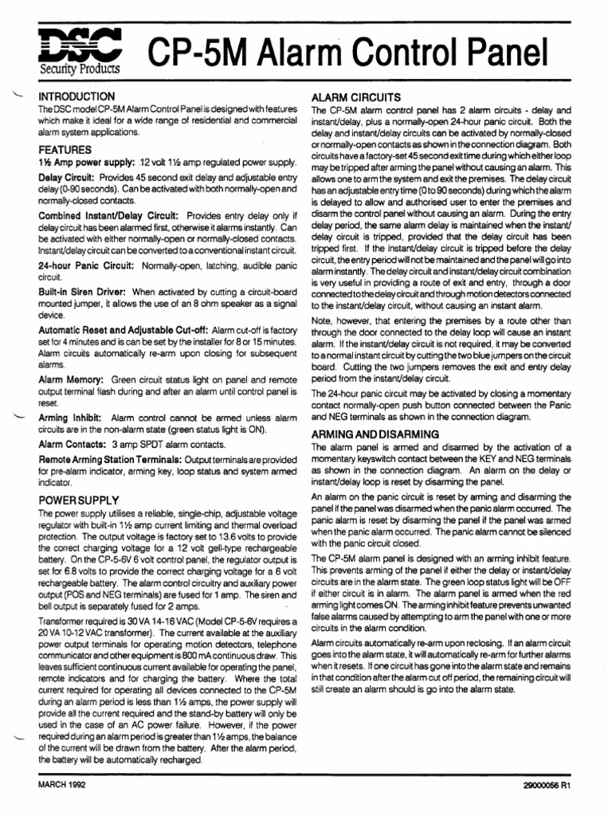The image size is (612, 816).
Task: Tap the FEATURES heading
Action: click(65, 150)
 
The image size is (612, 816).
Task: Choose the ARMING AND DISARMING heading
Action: click(375, 434)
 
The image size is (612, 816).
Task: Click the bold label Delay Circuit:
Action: click(65, 177)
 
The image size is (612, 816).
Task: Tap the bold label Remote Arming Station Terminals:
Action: click(111, 461)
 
